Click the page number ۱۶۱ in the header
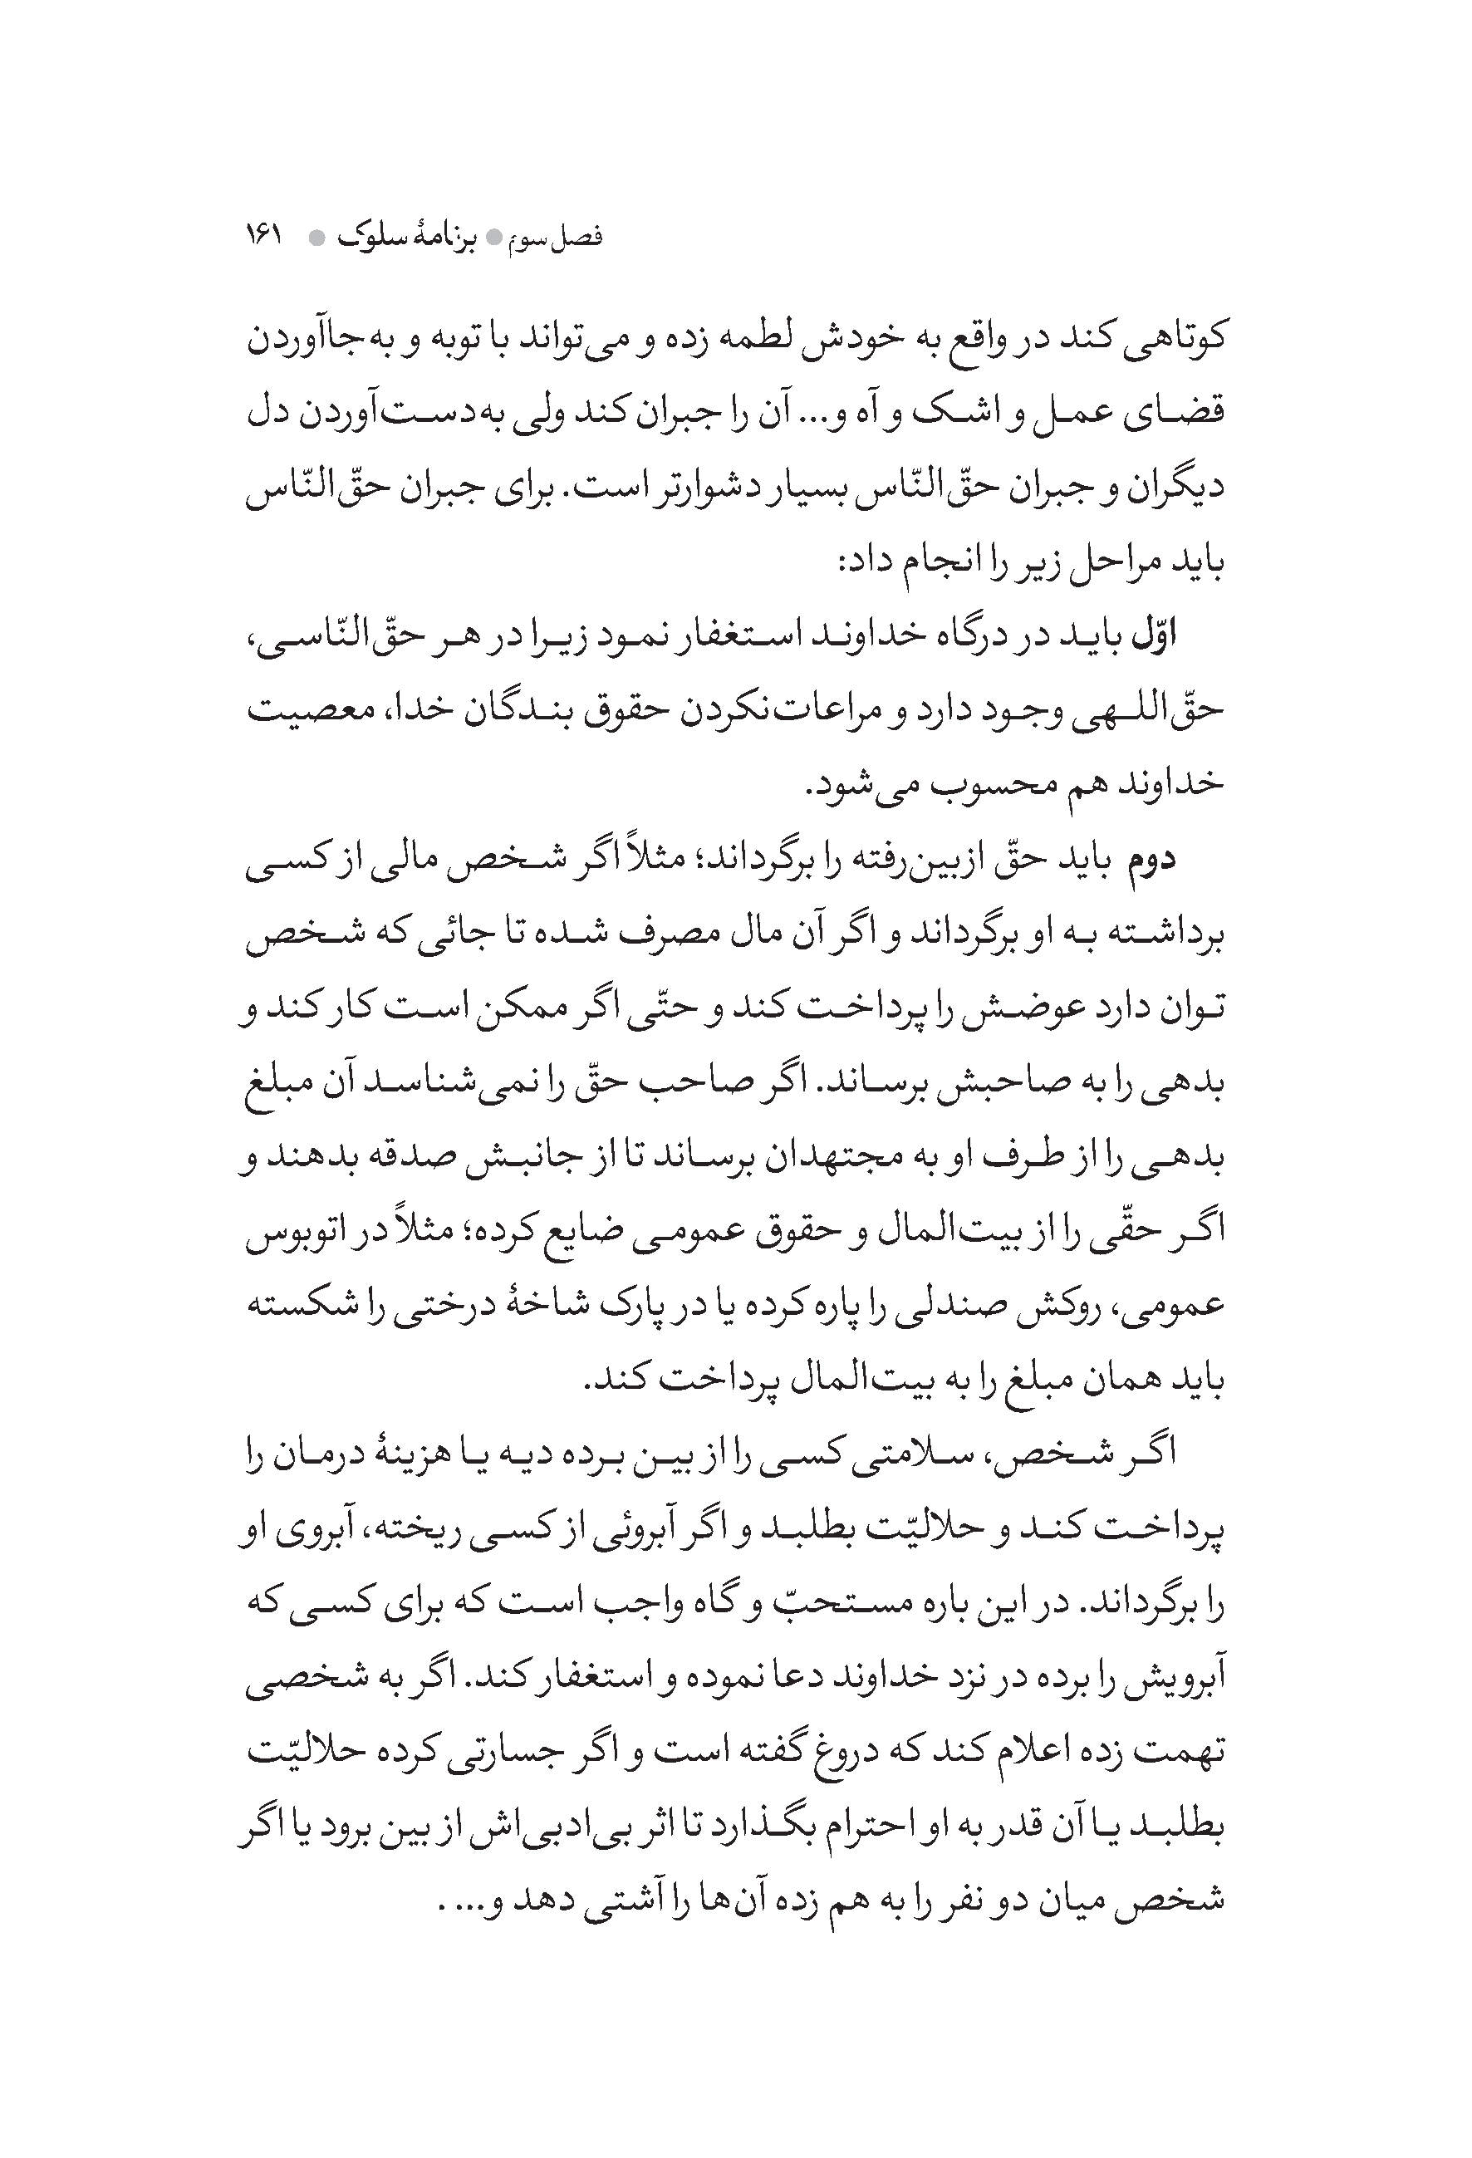pyautogui.click(x=264, y=235)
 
